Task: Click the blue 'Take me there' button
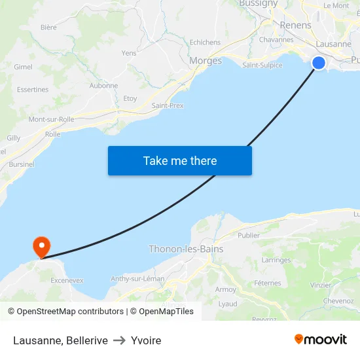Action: tap(179, 160)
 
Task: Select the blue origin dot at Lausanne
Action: tap(319, 63)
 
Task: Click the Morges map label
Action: tap(206, 61)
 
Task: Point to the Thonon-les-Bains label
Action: tap(186, 249)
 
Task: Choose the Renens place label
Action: tap(295, 25)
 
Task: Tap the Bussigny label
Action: tap(258, 4)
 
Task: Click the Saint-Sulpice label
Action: tap(262, 65)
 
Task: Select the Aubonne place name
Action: tap(103, 86)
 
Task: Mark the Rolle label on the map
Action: tap(53, 134)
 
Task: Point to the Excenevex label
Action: tap(67, 280)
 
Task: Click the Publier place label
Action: tap(249, 236)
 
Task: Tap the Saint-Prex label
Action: tap(168, 105)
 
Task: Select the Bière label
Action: tap(48, 27)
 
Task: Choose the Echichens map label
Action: tap(205, 43)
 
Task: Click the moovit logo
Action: tap(321, 340)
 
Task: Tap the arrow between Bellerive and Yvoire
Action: tap(119, 340)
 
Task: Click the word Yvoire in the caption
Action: tap(146, 340)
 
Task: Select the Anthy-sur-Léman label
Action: tap(137, 279)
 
